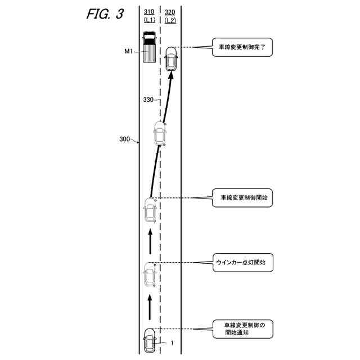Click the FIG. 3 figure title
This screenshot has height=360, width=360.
tap(105, 15)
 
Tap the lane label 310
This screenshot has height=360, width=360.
tap(150, 11)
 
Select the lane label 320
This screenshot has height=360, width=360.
tap(170, 11)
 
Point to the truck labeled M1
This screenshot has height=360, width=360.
tap(150, 48)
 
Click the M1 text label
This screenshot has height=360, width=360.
tap(128, 52)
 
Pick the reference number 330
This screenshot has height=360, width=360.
tap(148, 100)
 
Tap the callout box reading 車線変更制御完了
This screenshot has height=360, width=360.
tap(241, 48)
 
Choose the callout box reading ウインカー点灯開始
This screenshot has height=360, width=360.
tap(241, 262)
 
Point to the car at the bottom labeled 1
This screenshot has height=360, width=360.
tap(150, 340)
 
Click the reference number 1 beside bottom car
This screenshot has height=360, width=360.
tap(172, 343)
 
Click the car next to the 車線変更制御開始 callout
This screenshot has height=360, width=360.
tap(150, 210)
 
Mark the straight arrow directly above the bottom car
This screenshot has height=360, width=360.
tap(150, 307)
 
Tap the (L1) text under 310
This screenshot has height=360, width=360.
tap(150, 20)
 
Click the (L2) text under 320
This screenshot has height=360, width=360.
tap(170, 20)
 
